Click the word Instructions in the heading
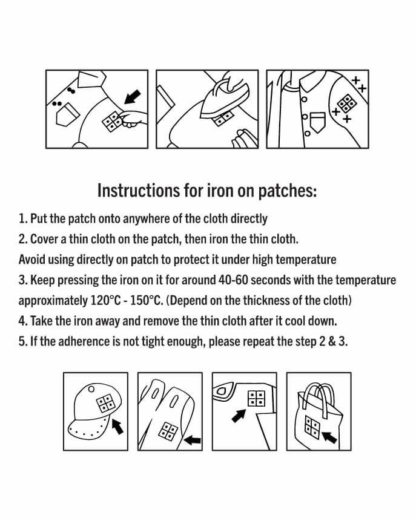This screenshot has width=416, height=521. tap(139, 191)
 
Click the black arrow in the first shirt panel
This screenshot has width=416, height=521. tap(133, 97)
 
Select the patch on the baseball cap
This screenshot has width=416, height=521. tap(106, 404)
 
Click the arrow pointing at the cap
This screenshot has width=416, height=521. tap(117, 427)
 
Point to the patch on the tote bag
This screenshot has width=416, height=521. tap(312, 427)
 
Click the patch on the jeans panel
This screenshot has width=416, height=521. tap(256, 398)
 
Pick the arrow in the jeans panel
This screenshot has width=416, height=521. tap(239, 416)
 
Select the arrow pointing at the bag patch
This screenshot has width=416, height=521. tap(329, 437)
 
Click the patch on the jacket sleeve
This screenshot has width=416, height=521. tap(347, 103)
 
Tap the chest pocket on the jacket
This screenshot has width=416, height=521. tap(317, 122)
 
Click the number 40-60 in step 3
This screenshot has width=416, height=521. tap(233, 280)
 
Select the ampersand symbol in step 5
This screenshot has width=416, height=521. tap(332, 341)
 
